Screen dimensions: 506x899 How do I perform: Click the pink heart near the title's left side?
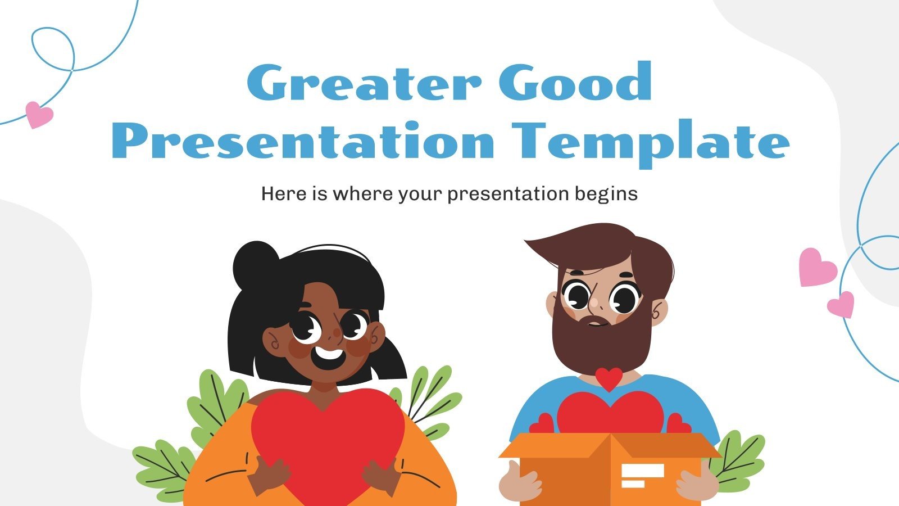click(x=39, y=114)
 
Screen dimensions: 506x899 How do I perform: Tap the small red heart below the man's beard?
click(x=610, y=378)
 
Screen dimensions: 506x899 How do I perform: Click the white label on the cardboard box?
click(x=642, y=476)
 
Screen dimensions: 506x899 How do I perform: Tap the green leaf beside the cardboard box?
click(x=739, y=458)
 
